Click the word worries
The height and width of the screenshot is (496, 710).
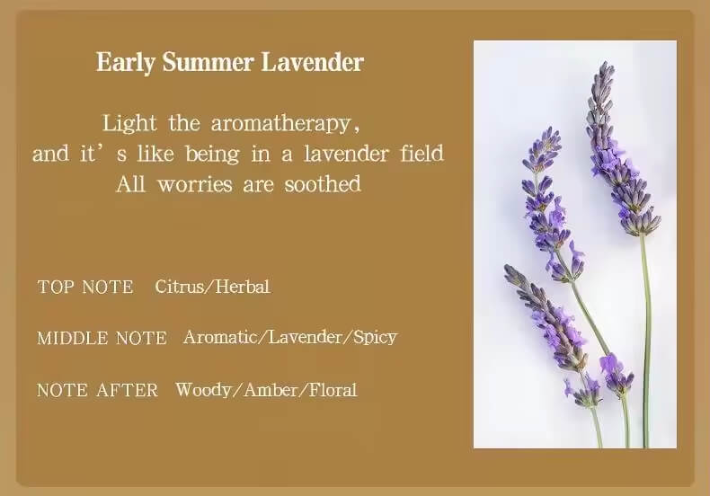pyautogui.click(x=193, y=184)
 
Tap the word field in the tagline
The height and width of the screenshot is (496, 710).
pyautogui.click(x=422, y=154)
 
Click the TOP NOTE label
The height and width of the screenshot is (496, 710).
pyautogui.click(x=85, y=288)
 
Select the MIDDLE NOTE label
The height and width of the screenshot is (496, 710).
pyautogui.click(x=102, y=339)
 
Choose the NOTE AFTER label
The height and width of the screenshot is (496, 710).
pyautogui.click(x=97, y=390)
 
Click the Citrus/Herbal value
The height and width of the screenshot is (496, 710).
pyautogui.click(x=212, y=288)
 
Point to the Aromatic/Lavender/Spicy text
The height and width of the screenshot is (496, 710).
pyautogui.click(x=289, y=338)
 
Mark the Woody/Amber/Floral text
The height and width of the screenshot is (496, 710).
pyautogui.click(x=266, y=390)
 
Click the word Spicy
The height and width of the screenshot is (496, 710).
pyautogui.click(x=375, y=338)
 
